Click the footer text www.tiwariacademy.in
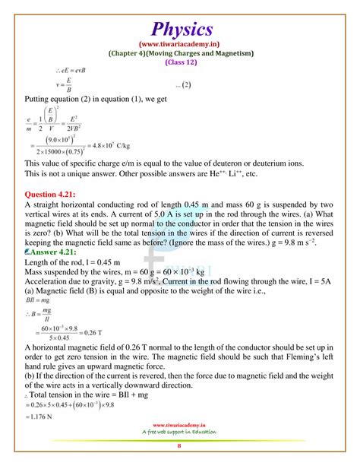click(x=180, y=426)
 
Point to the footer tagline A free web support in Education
click(x=180, y=433)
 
